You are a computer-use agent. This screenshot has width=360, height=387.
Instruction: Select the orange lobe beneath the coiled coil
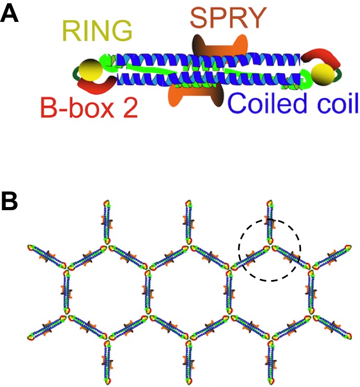(x=182, y=94)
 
